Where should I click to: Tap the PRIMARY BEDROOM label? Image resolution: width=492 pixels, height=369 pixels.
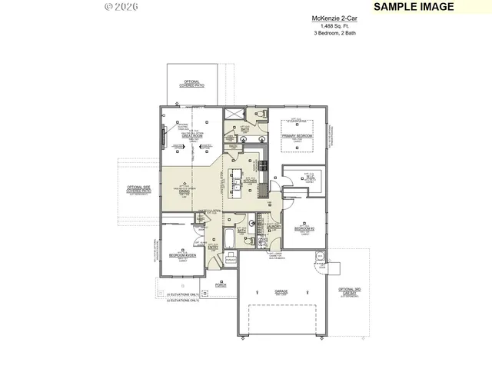pos(297,136)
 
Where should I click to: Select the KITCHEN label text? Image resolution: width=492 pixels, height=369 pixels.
pos(249,183)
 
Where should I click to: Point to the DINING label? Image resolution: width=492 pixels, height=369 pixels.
pos(184,192)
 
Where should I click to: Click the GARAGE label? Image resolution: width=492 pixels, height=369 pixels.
pos(281,291)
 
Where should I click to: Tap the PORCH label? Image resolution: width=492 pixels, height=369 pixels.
pos(221,285)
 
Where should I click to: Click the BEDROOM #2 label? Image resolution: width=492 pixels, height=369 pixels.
pos(304,228)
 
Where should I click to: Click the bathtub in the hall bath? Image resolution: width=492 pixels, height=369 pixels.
pos(231,239)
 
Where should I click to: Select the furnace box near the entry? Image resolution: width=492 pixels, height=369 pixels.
pos(230,261)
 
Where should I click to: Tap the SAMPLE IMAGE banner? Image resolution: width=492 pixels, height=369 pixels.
pos(413,7)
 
